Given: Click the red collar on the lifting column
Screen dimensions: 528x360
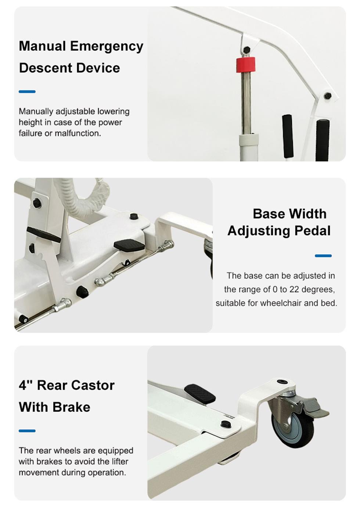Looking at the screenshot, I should point(245,65).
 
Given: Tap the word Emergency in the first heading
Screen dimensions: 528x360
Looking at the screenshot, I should point(107,46).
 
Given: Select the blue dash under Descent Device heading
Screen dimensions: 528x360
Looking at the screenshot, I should point(27,92).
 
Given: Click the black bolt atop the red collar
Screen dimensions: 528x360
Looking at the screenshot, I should point(246,49).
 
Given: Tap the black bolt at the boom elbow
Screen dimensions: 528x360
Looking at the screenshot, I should point(328,96).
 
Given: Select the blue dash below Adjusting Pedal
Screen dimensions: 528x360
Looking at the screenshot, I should point(323,256).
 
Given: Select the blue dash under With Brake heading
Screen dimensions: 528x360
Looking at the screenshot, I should point(27,431).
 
